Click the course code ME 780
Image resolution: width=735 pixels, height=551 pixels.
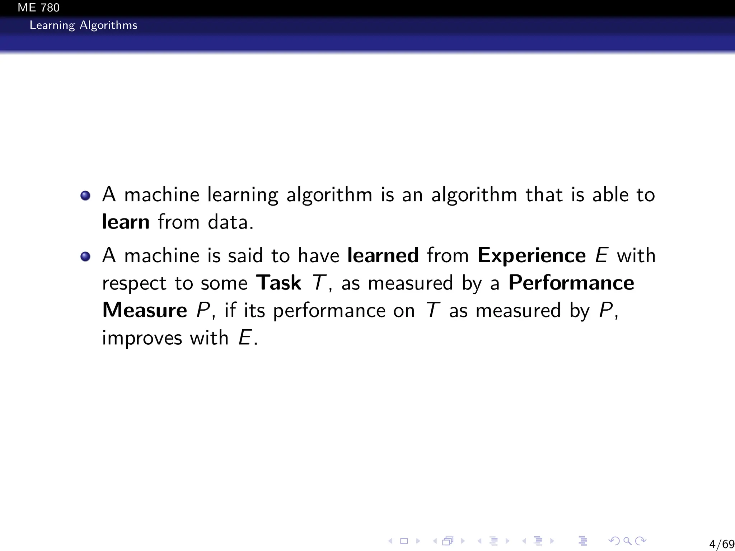[x=38, y=8]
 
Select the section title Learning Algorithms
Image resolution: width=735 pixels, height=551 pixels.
[x=83, y=25]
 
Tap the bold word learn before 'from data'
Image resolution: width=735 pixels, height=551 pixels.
[x=126, y=222]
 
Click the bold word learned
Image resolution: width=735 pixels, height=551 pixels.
[x=383, y=255]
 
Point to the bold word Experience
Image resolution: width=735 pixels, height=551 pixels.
[x=532, y=255]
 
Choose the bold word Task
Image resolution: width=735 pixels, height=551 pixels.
[x=278, y=283]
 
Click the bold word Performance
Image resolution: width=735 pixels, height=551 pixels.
[x=571, y=283]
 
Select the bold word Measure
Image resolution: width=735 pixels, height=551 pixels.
[x=145, y=310]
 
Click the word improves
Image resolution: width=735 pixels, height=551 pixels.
[x=142, y=338]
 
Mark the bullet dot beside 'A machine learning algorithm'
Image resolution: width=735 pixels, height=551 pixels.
[x=85, y=196]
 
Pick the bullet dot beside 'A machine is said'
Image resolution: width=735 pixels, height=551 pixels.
[x=85, y=256]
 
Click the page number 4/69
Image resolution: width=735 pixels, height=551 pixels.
[x=722, y=544]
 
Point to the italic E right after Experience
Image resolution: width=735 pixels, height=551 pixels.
[x=601, y=255]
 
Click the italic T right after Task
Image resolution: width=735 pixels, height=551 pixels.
[x=319, y=283]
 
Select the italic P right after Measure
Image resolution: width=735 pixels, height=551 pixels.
[x=203, y=310]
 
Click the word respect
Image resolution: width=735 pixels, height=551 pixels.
[x=134, y=283]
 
